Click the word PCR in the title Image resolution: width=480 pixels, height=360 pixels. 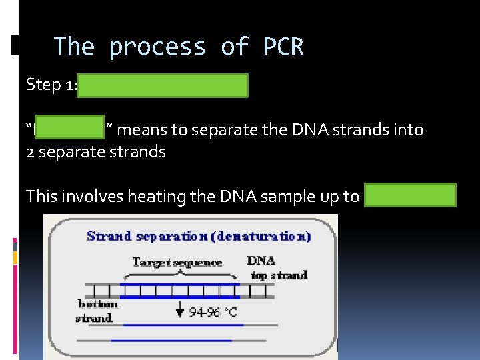click(283, 47)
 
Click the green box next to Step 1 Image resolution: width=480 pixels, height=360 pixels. click(163, 86)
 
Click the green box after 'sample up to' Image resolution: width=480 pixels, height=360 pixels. click(411, 195)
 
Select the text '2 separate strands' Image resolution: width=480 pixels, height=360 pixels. click(95, 151)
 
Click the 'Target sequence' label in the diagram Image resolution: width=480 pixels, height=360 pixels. click(177, 262)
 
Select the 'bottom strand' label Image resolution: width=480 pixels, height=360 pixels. click(97, 311)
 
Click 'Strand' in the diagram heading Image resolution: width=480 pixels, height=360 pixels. click(109, 236)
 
